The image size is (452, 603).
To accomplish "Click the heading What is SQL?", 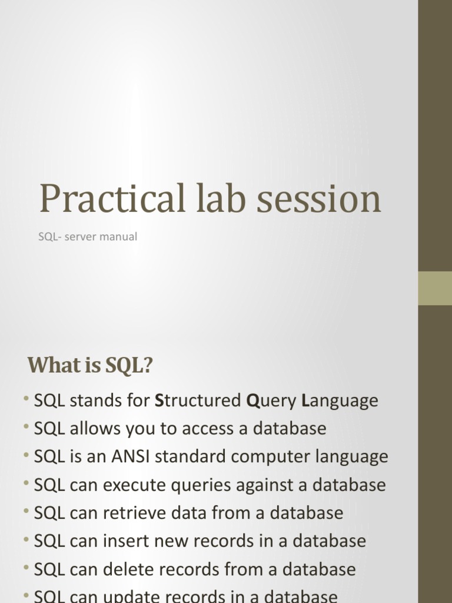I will click(x=90, y=366).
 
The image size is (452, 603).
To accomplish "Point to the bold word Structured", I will click(x=198, y=401).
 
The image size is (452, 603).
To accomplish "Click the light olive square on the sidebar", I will click(x=435, y=288).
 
